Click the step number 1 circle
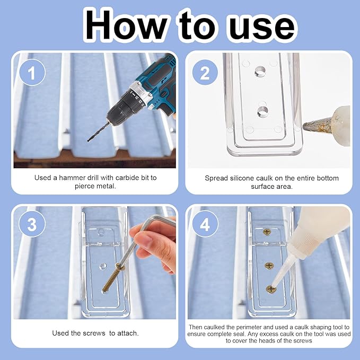(32, 72)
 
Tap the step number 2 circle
(205, 72)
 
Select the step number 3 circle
(32, 224)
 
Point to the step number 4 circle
(205, 224)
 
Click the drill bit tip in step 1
(88, 141)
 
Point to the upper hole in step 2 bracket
(260, 71)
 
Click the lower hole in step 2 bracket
(262, 111)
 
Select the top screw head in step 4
(267, 232)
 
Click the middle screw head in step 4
(269, 266)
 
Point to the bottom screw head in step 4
(271, 289)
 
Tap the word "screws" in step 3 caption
(94, 333)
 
